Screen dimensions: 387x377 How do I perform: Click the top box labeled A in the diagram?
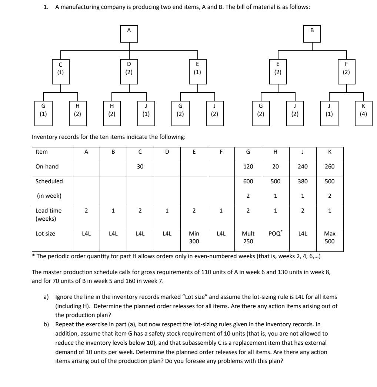(129, 34)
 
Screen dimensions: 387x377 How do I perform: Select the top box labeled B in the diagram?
(312, 34)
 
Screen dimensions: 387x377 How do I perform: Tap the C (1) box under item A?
(61, 69)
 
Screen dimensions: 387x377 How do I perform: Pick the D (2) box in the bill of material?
(129, 69)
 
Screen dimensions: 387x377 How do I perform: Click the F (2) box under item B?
(346, 69)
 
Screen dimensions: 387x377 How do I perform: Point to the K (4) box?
(363, 110)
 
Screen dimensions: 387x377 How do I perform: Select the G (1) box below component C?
(43, 110)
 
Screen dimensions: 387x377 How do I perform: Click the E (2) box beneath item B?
(278, 69)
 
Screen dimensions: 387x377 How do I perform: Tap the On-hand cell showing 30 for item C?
(140, 167)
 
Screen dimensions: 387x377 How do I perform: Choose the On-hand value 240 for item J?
(303, 167)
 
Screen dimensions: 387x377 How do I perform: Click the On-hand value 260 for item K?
(330, 167)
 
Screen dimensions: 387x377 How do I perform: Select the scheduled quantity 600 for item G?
(248, 181)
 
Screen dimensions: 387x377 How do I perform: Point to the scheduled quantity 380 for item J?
(303, 181)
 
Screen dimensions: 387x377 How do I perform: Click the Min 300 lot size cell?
(194, 237)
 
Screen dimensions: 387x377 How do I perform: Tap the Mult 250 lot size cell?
(248, 237)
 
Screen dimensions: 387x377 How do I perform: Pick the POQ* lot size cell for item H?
(275, 234)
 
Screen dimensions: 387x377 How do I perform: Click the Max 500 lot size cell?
(330, 237)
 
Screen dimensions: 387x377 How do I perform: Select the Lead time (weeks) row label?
(49, 214)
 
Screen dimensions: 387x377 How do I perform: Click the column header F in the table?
(221, 152)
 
